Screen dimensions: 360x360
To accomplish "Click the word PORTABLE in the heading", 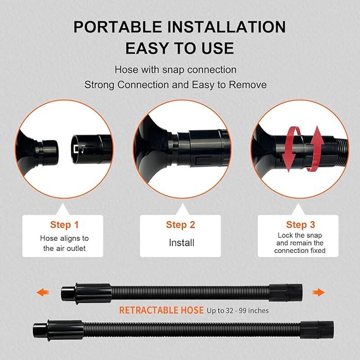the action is [x=118, y=27].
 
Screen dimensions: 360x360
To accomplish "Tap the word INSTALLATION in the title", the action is [x=227, y=27].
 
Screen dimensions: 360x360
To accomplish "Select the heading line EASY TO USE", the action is [x=180, y=48].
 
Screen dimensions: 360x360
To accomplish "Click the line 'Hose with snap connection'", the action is [x=175, y=70].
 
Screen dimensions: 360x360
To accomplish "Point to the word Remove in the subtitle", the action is [x=248, y=85].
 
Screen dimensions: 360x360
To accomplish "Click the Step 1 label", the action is [x=64, y=225].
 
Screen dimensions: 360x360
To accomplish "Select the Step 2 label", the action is [x=180, y=225].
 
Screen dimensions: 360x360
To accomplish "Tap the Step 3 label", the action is [x=301, y=225].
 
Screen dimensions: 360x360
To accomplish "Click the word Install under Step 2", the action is [x=181, y=243].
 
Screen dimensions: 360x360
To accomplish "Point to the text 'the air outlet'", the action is [x=64, y=248].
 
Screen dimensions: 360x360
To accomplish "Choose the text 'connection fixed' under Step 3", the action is [x=300, y=251].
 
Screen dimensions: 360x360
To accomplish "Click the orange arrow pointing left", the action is [x=43, y=292].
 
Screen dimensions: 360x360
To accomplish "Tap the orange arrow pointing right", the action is [x=319, y=292].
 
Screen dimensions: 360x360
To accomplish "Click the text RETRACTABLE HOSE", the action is [x=161, y=310].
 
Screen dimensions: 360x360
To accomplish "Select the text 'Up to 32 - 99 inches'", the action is [x=238, y=310].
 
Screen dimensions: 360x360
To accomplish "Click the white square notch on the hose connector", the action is [x=76, y=149].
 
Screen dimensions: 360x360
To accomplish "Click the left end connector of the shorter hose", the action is [x=86, y=294].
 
